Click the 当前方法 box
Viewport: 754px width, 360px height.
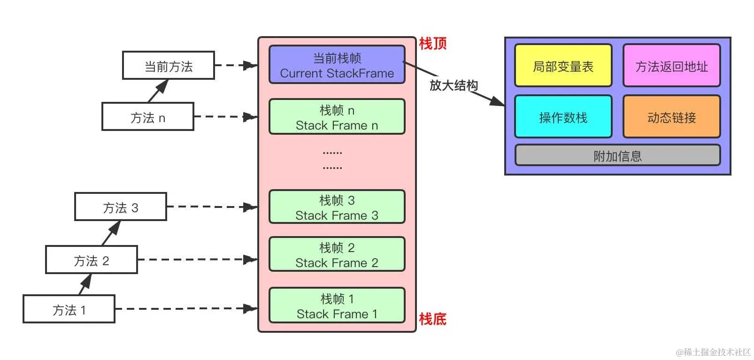tap(168, 66)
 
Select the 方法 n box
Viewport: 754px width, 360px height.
tap(147, 117)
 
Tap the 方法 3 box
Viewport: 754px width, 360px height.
tap(120, 207)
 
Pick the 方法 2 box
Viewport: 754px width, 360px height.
tap(91, 260)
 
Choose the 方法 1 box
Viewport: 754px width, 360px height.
tap(69, 309)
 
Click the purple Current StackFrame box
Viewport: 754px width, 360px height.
tap(337, 65)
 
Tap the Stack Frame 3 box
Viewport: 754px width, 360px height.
tap(337, 207)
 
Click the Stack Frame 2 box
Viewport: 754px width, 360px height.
tap(337, 255)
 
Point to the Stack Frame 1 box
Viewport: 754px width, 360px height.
tap(337, 306)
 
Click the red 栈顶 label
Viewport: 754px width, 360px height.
tap(432, 44)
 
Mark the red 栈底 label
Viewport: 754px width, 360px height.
tap(432, 319)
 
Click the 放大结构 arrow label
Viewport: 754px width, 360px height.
tap(454, 85)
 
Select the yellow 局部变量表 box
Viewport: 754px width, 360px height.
tap(563, 66)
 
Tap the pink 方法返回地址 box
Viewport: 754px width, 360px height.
tap(671, 66)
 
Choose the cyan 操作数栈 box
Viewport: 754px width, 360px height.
tap(563, 117)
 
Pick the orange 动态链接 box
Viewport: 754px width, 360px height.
tap(671, 117)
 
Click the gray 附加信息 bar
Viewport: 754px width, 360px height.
tap(617, 156)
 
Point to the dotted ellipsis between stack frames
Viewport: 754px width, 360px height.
tap(332, 160)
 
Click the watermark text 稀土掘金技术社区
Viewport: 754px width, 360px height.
tap(714, 352)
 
